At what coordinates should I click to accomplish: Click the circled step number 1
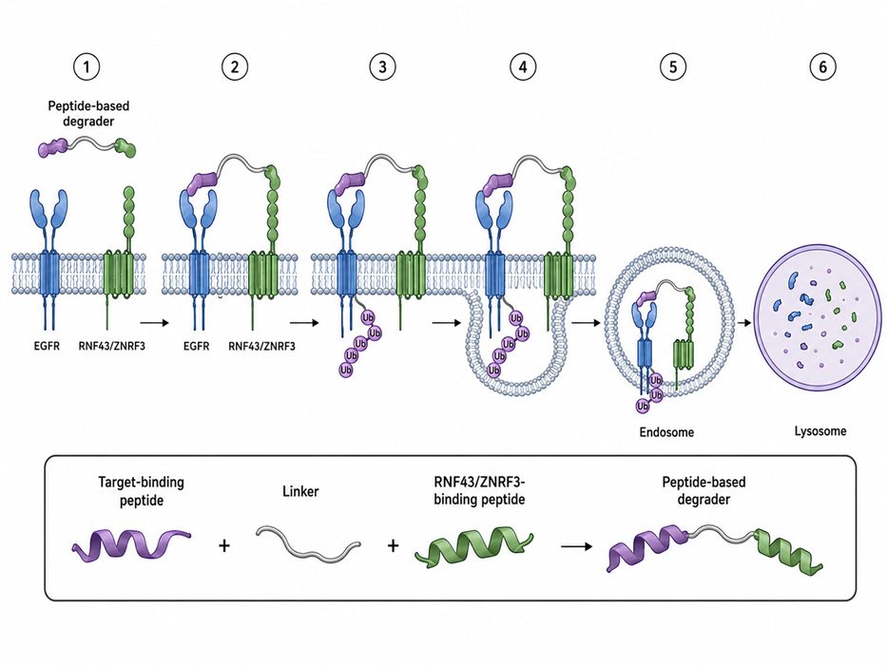(x=86, y=67)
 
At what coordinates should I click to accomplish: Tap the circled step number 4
(x=522, y=67)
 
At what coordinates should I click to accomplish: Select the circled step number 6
(x=822, y=67)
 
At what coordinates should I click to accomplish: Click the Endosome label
(x=666, y=432)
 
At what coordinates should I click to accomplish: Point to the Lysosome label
(x=820, y=431)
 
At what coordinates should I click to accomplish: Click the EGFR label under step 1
(x=47, y=346)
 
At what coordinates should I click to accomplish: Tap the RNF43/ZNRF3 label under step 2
(x=261, y=346)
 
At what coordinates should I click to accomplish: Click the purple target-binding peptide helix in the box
(x=131, y=544)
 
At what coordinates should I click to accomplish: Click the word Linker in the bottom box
(x=300, y=491)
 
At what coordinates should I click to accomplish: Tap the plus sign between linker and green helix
(x=393, y=545)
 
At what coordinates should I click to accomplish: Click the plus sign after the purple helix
(x=224, y=545)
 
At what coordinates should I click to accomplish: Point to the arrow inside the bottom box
(x=576, y=547)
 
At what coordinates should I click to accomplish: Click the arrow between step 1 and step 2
(x=154, y=323)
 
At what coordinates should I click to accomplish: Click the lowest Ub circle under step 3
(x=346, y=370)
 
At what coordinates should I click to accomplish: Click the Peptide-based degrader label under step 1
(x=88, y=113)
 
